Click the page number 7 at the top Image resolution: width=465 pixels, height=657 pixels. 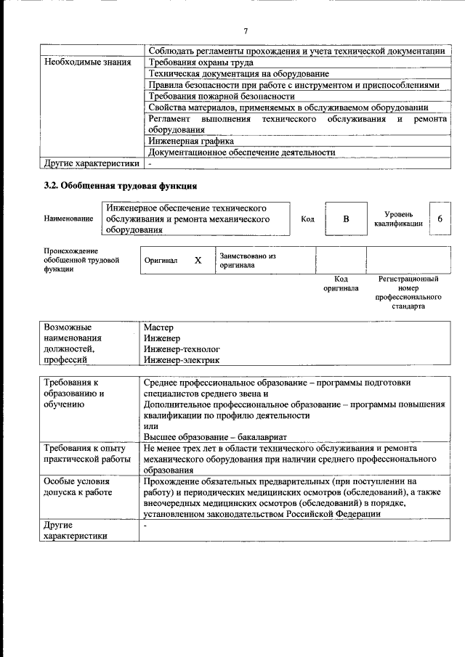point(246,31)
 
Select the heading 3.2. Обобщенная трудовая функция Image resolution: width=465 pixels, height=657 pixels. point(120,186)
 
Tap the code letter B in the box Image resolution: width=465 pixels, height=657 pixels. point(346,219)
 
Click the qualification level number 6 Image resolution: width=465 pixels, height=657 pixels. point(440,219)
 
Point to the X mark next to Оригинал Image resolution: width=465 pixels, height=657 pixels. point(198,260)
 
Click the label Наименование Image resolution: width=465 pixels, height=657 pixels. point(68,219)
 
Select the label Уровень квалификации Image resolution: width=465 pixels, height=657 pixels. point(398,219)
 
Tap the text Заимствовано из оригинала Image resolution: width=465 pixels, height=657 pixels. point(248,261)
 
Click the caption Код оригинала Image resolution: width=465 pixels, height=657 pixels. point(341,283)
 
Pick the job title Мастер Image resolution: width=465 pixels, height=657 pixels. point(158,327)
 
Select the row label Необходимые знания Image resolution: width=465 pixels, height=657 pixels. point(87,62)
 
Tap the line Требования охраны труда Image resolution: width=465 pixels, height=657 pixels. point(200,62)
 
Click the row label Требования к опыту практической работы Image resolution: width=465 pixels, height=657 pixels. point(86,454)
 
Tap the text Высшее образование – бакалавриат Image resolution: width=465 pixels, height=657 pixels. point(215,436)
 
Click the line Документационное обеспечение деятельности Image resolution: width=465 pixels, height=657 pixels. point(241,152)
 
